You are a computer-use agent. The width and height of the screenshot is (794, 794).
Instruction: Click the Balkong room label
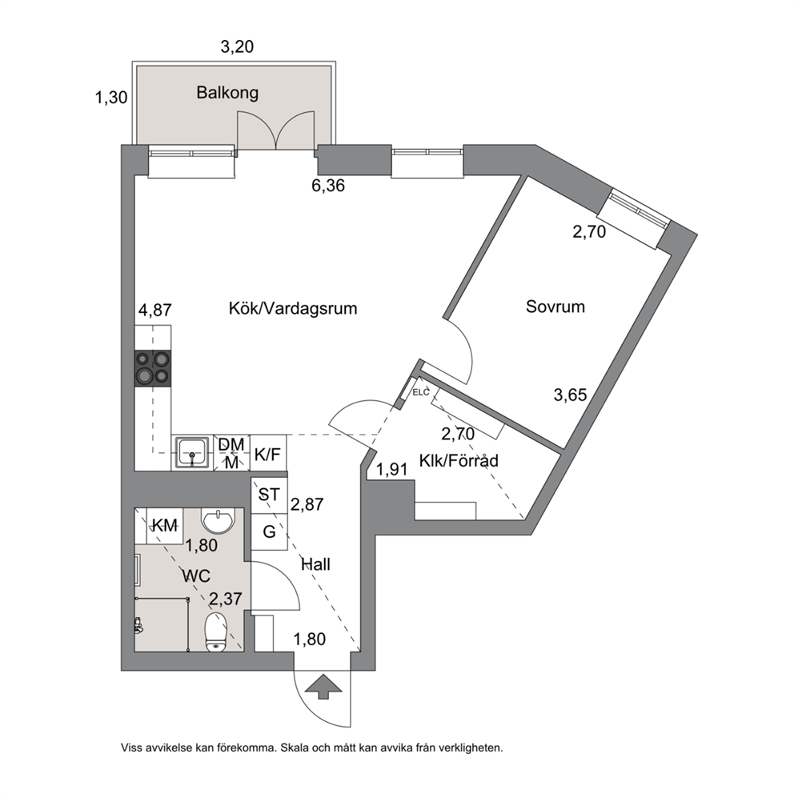tap(227, 93)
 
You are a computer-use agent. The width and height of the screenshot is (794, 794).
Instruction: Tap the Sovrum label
tap(555, 307)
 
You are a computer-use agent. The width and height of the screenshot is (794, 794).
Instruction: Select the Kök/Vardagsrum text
tap(293, 308)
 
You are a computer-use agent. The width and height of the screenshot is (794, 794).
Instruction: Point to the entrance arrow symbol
tap(323, 686)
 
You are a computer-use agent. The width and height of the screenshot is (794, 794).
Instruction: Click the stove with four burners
tap(152, 368)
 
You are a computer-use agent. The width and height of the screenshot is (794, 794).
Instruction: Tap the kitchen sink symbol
tap(192, 453)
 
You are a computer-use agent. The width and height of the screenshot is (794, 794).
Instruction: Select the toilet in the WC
tap(216, 632)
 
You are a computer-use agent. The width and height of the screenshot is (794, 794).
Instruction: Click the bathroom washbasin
tap(219, 520)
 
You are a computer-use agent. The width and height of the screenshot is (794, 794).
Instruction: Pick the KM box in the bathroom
tap(165, 526)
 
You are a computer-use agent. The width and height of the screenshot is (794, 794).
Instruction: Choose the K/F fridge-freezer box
tap(267, 454)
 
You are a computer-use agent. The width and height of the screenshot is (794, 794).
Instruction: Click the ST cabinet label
tap(269, 494)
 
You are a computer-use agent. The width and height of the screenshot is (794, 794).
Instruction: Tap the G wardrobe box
tap(270, 531)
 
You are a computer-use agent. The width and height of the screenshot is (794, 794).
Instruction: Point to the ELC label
tap(421, 392)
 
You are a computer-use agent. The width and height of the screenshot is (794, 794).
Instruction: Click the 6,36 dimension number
tap(328, 186)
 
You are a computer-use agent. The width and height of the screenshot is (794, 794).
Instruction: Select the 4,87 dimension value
tap(155, 310)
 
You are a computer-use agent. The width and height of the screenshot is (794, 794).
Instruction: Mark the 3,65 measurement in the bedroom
tap(570, 395)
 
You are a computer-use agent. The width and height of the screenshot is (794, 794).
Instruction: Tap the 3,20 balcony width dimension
tap(237, 46)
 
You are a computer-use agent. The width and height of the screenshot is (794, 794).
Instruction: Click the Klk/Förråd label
tap(459, 460)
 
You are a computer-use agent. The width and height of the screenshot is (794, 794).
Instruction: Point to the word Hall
tap(315, 564)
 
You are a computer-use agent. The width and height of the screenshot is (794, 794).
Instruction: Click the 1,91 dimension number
tap(392, 469)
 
